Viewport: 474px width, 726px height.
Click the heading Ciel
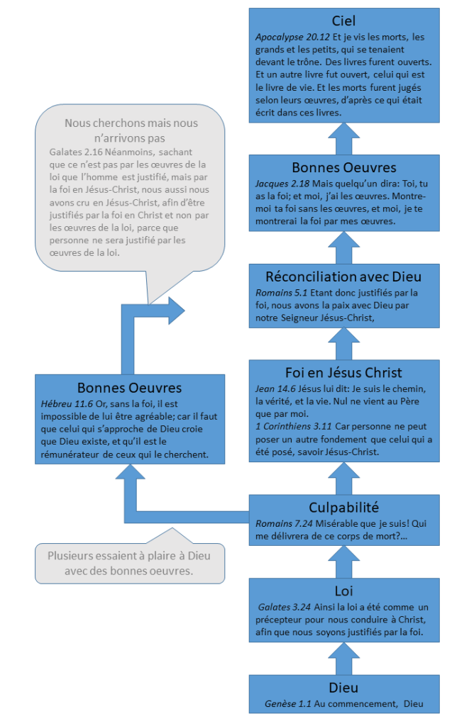coord(343,21)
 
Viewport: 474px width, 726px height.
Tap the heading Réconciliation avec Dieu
coord(343,276)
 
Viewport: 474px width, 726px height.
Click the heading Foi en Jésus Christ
coord(343,372)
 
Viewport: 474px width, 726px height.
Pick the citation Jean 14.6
coord(272,389)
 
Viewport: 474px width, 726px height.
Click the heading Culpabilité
coord(343,507)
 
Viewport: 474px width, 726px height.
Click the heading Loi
coord(343,590)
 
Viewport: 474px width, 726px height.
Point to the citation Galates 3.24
coord(283,607)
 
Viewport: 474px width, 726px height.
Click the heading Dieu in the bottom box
coord(343,687)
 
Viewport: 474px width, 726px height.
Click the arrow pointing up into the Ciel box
coord(343,138)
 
